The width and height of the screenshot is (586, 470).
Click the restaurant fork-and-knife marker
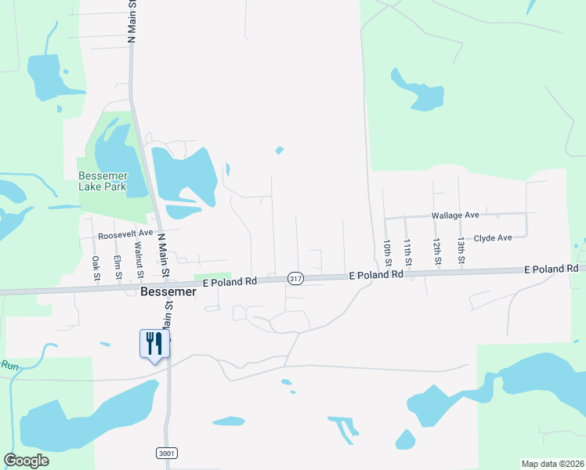(154, 342)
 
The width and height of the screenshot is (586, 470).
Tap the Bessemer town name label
(166, 291)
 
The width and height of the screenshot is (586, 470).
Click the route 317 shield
(295, 278)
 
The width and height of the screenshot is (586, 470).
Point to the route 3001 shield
(165, 453)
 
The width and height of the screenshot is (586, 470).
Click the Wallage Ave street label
(454, 215)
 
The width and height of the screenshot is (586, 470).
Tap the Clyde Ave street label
(493, 237)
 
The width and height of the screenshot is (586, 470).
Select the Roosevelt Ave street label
(125, 234)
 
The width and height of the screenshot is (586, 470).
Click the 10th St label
(387, 252)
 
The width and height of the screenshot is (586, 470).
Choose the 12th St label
(436, 252)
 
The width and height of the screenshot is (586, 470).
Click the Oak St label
(95, 268)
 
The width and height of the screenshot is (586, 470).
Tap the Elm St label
(117, 267)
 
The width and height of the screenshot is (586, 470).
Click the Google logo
(27, 461)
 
